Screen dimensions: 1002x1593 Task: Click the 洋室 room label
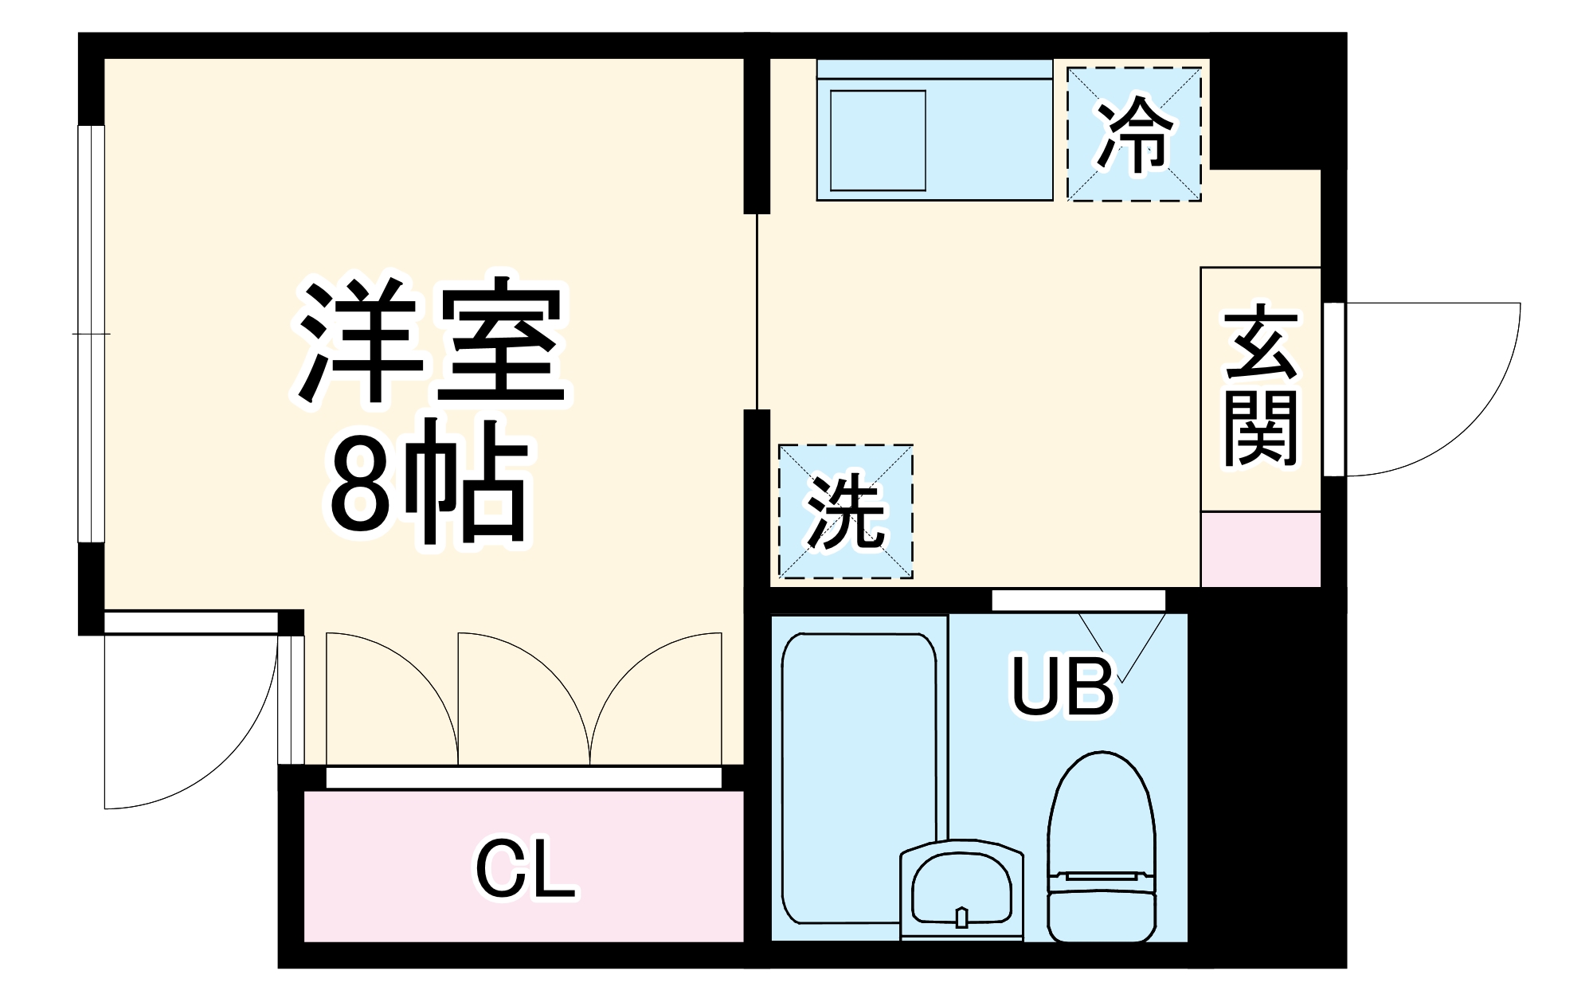431,341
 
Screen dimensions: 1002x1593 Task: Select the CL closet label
525,869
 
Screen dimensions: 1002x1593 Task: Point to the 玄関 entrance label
1261,387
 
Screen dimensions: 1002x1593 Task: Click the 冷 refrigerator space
1134,134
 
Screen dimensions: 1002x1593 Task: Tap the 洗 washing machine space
845,511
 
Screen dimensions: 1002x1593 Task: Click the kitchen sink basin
878,141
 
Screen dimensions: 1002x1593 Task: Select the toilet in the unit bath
1102,828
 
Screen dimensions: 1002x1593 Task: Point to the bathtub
859,777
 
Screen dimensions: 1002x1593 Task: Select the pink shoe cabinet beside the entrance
1260,550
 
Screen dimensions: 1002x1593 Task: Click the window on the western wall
91,335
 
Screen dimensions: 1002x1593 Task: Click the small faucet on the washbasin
961,918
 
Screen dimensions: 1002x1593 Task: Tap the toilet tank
1102,916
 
